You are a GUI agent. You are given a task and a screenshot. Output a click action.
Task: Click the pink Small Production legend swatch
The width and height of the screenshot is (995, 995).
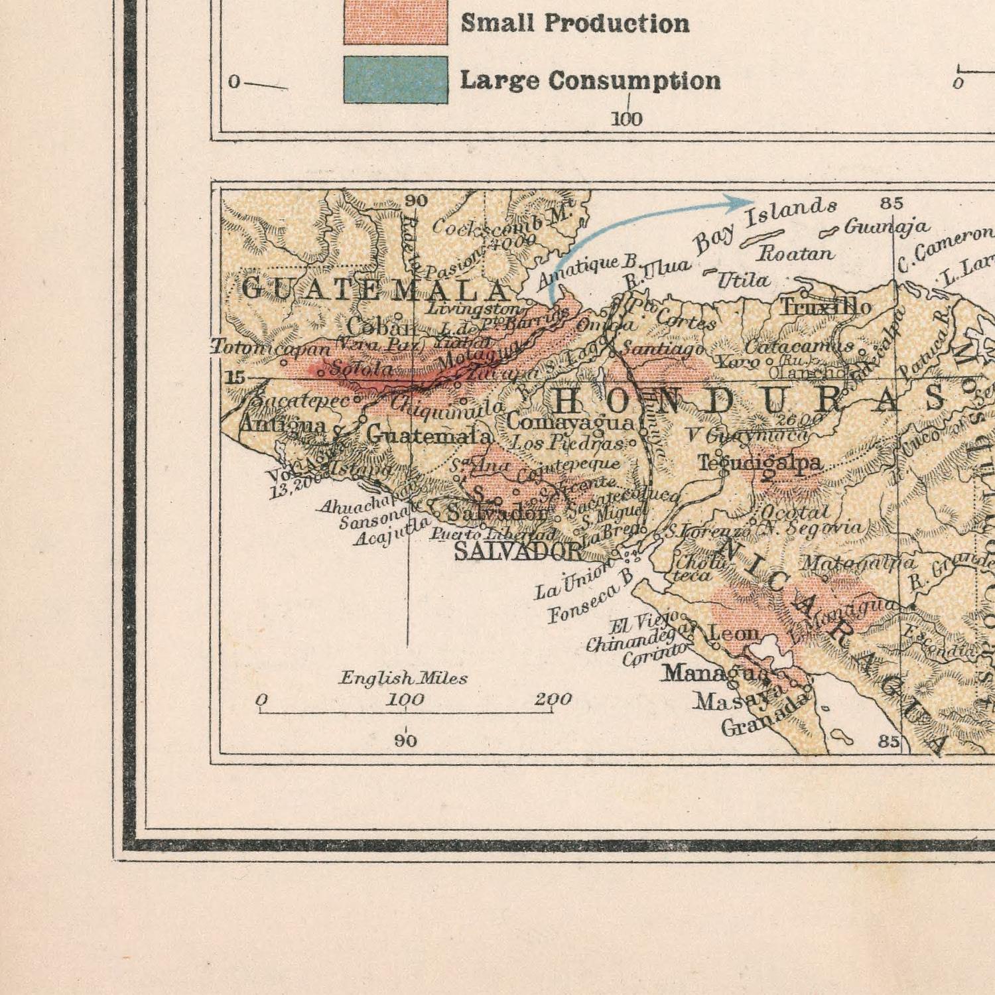pos(395,23)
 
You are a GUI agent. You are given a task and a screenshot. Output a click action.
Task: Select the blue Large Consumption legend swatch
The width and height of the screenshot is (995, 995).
pos(395,80)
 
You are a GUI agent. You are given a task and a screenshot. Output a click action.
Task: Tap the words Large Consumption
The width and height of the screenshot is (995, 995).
pos(590,80)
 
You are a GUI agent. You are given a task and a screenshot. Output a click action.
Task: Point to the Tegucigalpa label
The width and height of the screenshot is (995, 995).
pos(760,463)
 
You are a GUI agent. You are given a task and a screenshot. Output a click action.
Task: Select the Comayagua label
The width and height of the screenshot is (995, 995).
pos(570,422)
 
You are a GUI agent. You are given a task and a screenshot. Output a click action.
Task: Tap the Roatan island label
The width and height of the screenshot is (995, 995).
pos(795,253)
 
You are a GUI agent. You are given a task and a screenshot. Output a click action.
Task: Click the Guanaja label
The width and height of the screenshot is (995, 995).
pos(886,227)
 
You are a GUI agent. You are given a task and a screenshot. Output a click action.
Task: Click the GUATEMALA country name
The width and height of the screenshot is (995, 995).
pos(375,290)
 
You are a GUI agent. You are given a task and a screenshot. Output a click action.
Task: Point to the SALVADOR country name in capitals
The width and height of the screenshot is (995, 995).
pos(517,551)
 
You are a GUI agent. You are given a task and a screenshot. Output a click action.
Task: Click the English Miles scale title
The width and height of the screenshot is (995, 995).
pos(403,678)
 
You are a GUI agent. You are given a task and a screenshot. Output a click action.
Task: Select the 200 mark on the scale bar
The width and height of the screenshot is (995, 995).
pos(553,699)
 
